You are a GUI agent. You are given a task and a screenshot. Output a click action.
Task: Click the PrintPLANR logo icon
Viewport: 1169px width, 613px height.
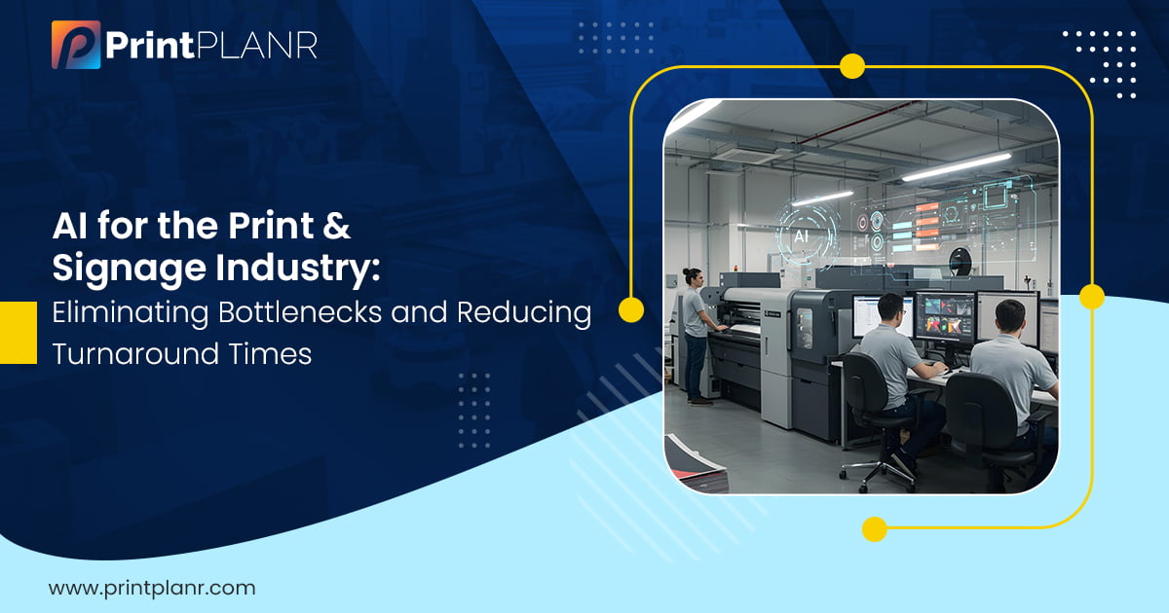(76, 46)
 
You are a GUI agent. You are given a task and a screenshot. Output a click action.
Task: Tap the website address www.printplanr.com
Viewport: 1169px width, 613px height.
(151, 588)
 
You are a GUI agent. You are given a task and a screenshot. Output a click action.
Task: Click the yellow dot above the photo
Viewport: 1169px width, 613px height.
(852, 66)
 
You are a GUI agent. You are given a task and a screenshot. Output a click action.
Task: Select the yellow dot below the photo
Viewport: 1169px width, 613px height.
(875, 529)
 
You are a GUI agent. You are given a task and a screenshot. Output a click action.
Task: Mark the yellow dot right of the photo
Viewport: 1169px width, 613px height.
(1091, 297)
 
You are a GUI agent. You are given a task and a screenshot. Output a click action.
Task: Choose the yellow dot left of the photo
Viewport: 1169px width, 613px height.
(631, 309)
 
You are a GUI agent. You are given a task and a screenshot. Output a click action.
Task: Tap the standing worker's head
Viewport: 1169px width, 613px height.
(692, 275)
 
